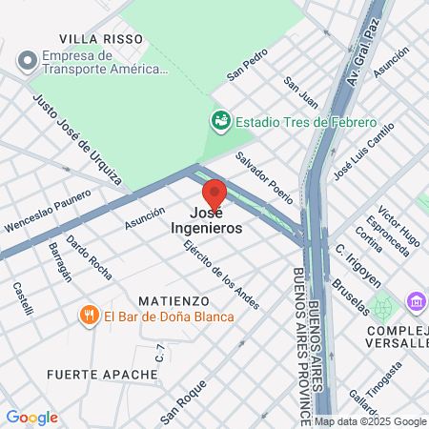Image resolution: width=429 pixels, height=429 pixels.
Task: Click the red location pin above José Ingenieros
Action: pyautogui.click(x=214, y=193)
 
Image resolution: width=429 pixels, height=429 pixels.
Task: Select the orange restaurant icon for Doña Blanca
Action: pyautogui.click(x=89, y=316)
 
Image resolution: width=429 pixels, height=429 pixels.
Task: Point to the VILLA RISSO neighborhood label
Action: pyautogui.click(x=101, y=38)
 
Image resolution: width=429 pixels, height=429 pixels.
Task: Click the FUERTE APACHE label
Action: pyautogui.click(x=101, y=375)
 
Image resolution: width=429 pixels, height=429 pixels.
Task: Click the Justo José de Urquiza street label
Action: pyautogui.click(x=76, y=138)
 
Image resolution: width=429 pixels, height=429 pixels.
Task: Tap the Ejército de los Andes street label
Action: pyautogui.click(x=220, y=274)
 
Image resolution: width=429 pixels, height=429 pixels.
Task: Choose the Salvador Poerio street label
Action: pyautogui.click(x=264, y=171)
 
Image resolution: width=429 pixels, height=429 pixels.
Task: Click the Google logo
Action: pyautogui.click(x=31, y=418)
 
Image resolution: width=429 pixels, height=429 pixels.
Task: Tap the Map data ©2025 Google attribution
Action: pyautogui.click(x=371, y=421)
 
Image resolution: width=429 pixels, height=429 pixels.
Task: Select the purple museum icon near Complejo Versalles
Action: pyautogui.click(x=416, y=302)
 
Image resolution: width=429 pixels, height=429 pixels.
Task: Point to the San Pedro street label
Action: pyautogui.click(x=244, y=69)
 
